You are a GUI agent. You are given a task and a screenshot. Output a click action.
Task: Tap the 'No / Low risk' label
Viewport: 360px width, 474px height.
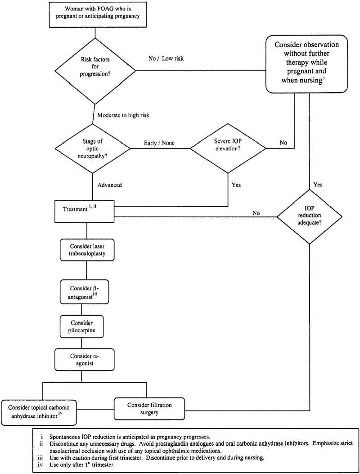(165, 59)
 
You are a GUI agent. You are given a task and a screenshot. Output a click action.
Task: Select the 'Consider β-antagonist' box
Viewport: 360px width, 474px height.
(81, 292)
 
